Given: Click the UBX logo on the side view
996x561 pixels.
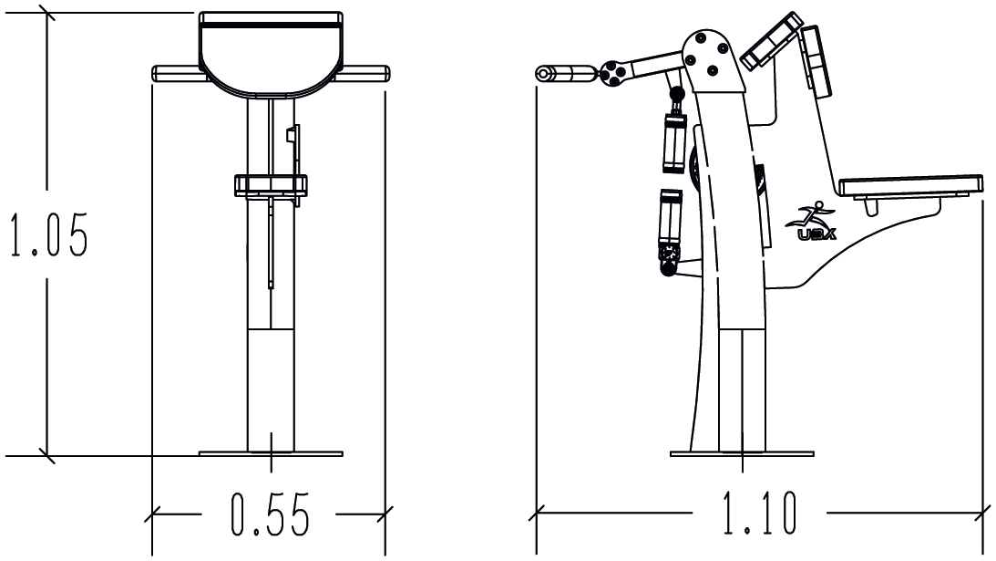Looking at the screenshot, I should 811,223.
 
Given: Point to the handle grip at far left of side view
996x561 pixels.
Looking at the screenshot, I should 566,74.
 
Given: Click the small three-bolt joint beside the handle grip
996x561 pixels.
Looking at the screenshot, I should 613,73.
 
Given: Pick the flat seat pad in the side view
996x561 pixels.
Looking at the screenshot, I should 912,187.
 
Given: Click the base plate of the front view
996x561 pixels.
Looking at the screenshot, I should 271,452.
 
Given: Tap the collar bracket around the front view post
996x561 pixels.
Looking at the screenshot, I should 271,185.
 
